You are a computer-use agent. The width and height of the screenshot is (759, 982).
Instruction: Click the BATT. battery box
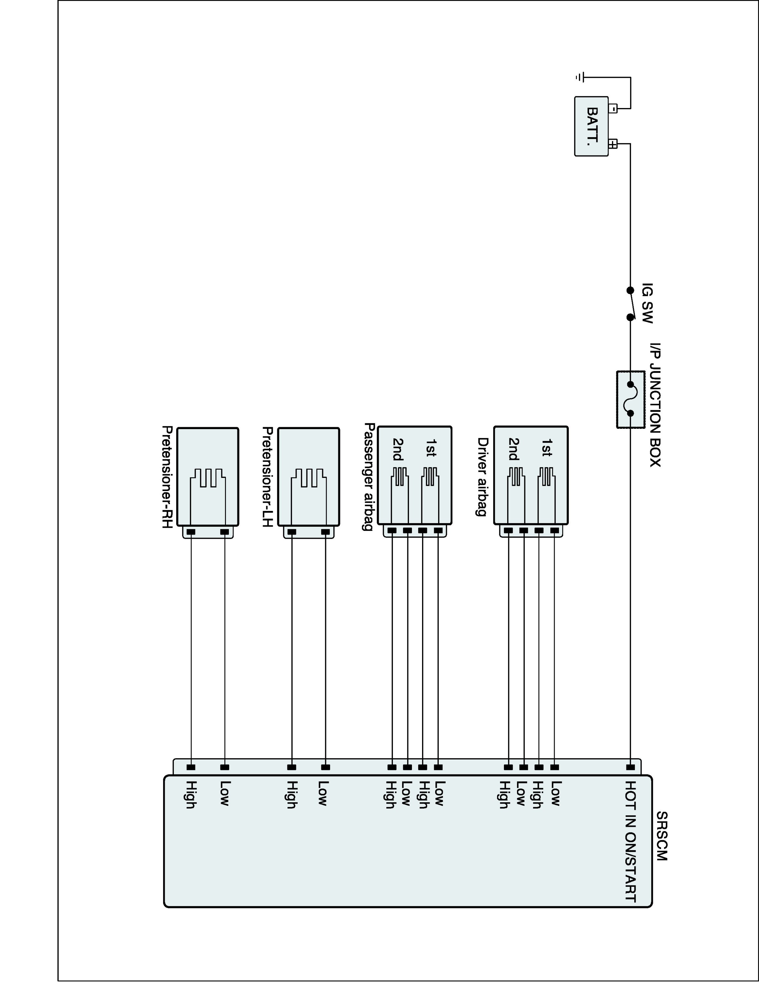pos(591,126)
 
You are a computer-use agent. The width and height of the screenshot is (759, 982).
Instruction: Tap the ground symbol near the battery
pos(580,77)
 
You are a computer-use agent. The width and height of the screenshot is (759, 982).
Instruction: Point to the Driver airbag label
pos(482,477)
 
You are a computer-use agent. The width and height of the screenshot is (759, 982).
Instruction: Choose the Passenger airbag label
pos(369,477)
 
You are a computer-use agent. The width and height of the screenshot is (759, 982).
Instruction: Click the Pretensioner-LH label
pos(267,477)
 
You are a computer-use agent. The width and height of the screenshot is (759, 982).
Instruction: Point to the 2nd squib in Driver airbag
pos(516,477)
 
